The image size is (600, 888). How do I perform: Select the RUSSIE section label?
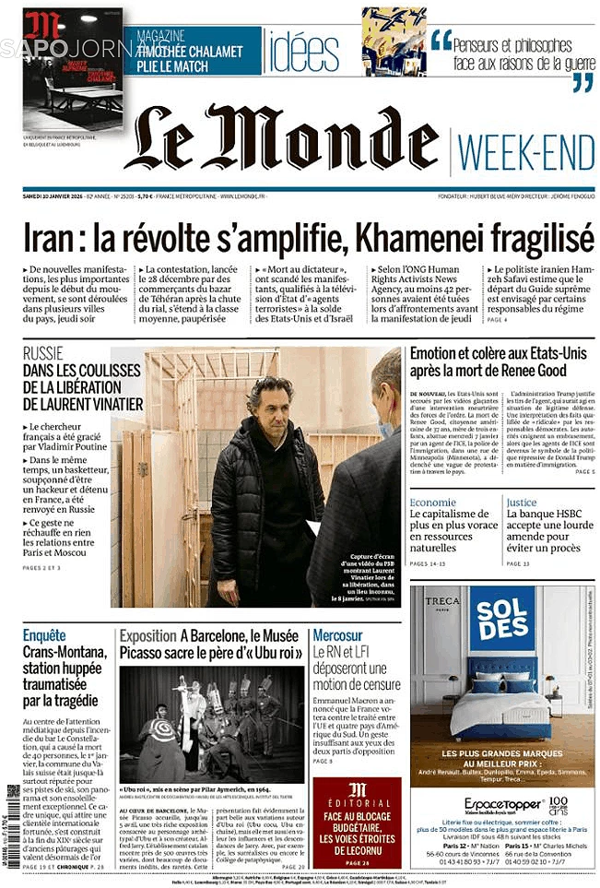point(43,353)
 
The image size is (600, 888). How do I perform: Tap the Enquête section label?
point(44,635)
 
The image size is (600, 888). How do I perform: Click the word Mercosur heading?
point(336,635)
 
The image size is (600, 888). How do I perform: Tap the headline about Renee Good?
point(500,361)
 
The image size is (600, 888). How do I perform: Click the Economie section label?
point(432,503)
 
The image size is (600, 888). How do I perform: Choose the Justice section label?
point(521,503)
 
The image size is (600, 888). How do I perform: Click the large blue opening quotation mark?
point(441,40)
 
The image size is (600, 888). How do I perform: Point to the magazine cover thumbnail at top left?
point(72,69)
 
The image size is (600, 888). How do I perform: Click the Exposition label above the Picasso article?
point(147,635)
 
